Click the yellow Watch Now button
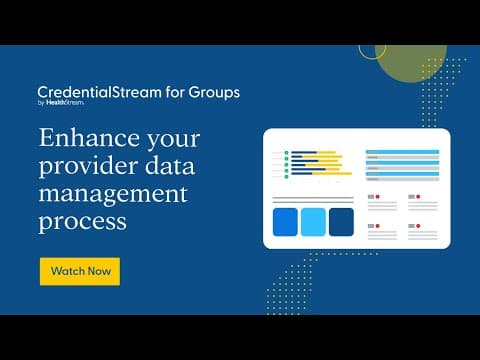coord(80,271)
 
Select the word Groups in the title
coord(214,93)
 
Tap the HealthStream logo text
coord(65,103)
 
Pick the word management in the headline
coord(113,195)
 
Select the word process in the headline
coord(83,222)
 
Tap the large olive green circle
coord(411,62)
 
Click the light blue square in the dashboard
coord(313,222)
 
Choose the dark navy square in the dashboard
coord(341,222)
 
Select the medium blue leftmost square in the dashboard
coord(285,222)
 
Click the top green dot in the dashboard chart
coord(286,153)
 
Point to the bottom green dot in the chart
coord(286,177)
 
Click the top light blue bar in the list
coord(402,152)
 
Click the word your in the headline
coord(174,139)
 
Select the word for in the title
coord(175,92)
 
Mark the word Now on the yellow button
coord(99,271)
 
